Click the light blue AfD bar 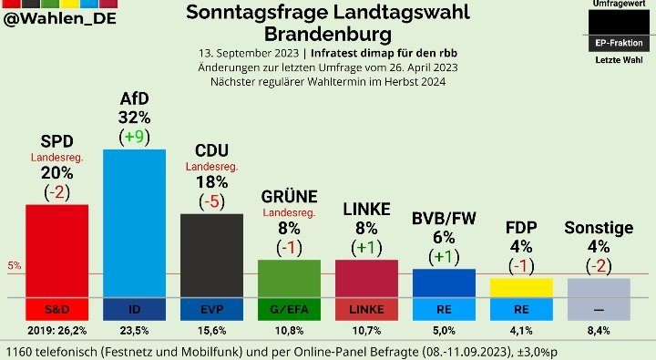134,222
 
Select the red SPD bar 56,250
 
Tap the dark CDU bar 211,255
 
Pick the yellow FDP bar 521,287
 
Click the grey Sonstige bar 599,287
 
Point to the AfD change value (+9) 134,137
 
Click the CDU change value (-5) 211,201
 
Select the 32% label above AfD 134,117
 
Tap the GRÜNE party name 289,197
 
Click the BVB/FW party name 444,218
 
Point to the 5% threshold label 14,266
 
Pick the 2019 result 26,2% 56,330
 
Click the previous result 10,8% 289,330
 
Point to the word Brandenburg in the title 328,34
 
